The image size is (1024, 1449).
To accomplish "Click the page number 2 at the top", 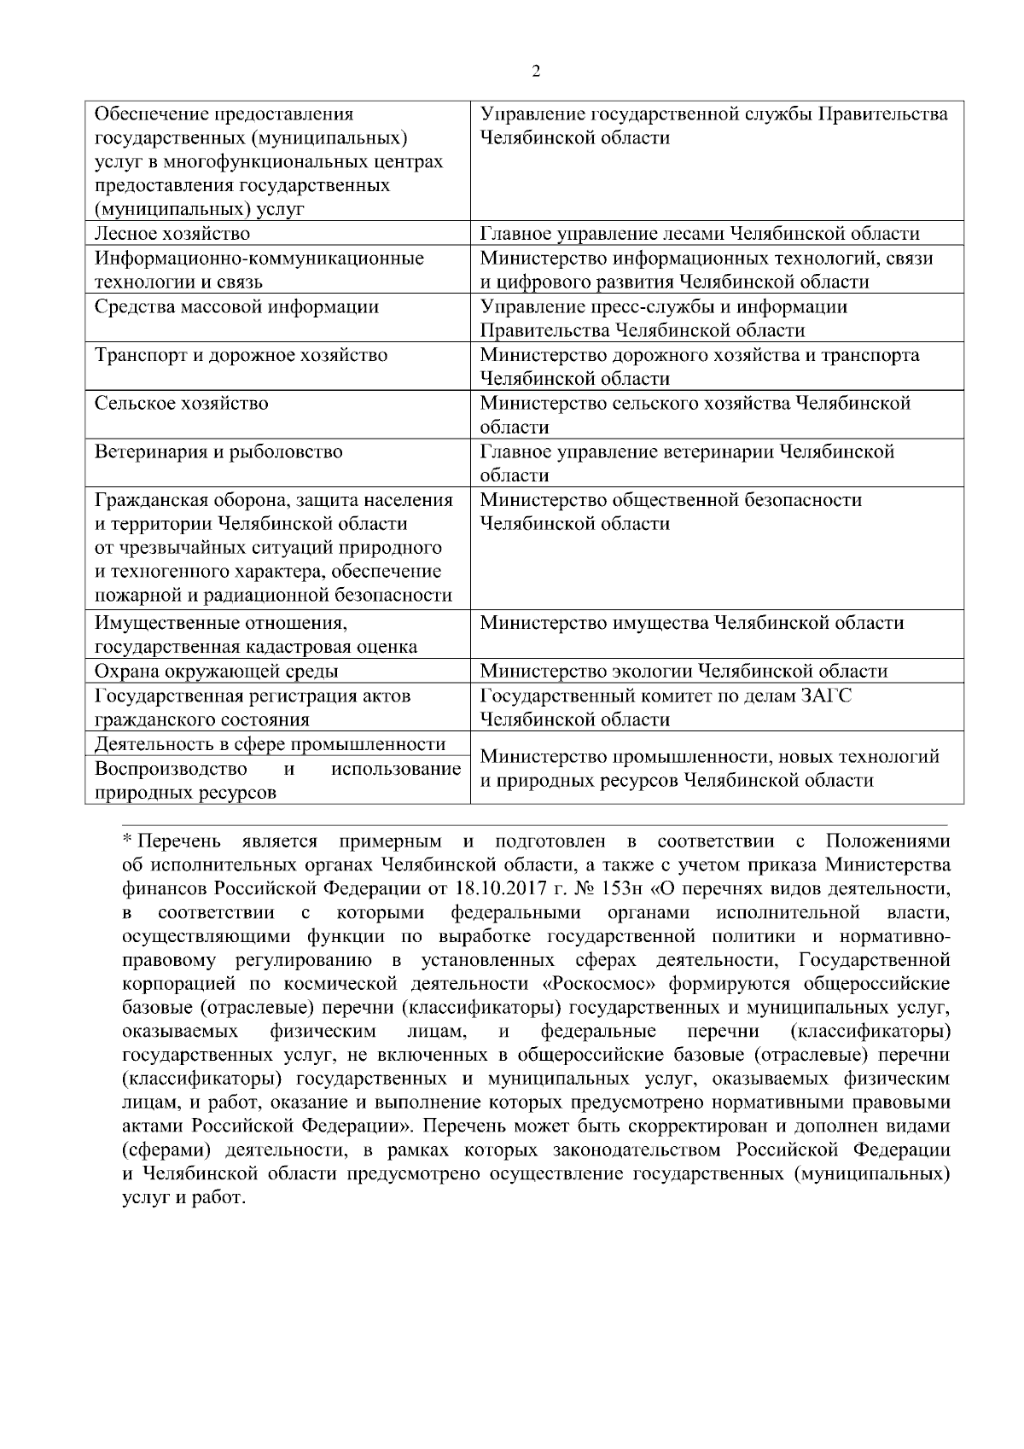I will pyautogui.click(x=536, y=71).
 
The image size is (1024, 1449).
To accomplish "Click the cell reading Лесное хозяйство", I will pyautogui.click(x=172, y=234).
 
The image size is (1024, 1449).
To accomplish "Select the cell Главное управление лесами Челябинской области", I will pyautogui.click(x=700, y=234).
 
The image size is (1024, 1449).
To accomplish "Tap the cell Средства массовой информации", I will pyautogui.click(x=236, y=306).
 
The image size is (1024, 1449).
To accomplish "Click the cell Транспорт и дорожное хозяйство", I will pyautogui.click(x=241, y=355).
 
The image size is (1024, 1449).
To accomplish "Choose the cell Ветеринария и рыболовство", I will pyautogui.click(x=218, y=451).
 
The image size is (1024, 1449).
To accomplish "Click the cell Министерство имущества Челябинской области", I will pyautogui.click(x=692, y=623).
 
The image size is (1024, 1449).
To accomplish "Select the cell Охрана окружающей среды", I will pyautogui.click(x=216, y=671).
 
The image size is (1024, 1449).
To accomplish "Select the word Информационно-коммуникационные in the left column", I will pyautogui.click(x=259, y=258).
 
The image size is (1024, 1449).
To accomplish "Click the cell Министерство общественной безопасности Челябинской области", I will pyautogui.click(x=671, y=511).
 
